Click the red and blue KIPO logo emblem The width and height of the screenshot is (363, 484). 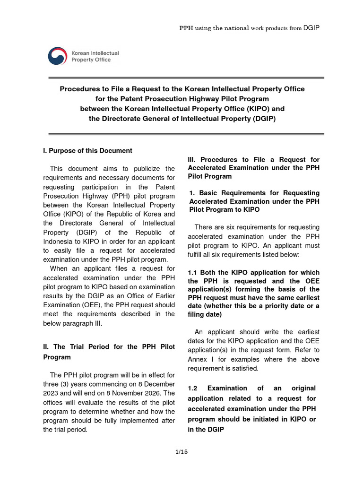pos(58,56)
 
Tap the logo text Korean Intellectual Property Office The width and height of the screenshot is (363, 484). pos(95,56)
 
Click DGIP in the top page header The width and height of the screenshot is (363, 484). pos(312,28)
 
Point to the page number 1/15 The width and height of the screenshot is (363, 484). pos(181,452)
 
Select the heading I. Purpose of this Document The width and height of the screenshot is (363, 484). pos(87,151)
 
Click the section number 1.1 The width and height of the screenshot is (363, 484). pos(194,273)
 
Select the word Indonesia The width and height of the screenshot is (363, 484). pos(59,242)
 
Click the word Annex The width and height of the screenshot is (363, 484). pos(198,359)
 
